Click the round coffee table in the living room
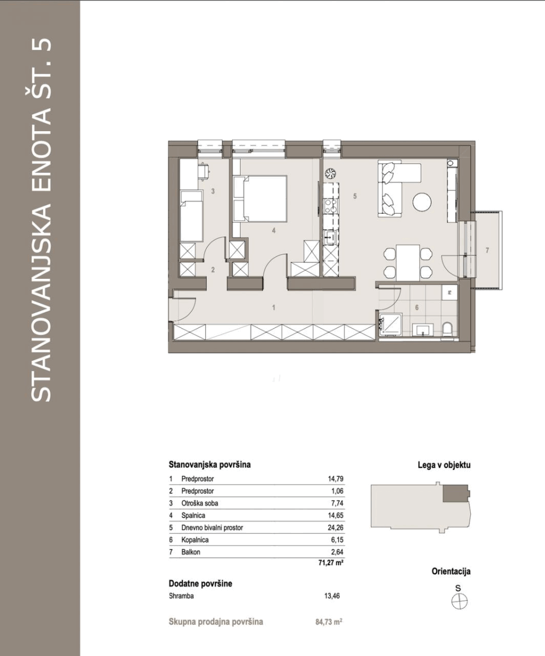coord(422,202)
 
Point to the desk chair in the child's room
coord(205,172)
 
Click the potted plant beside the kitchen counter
coord(330,173)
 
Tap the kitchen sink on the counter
coord(330,237)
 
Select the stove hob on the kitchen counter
coord(330,207)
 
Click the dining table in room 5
coord(408,262)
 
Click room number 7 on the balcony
coord(487,250)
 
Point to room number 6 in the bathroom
coord(417,308)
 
